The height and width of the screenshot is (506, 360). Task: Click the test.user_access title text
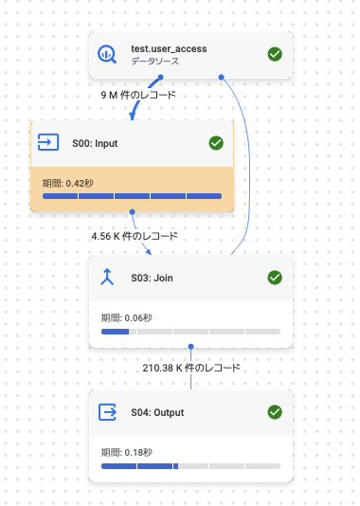pyautogui.click(x=169, y=47)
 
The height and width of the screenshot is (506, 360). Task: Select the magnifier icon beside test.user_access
pyautogui.click(x=108, y=54)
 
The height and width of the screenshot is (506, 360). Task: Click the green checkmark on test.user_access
pyautogui.click(x=275, y=54)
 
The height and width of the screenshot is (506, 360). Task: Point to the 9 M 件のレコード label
pyautogui.click(x=138, y=95)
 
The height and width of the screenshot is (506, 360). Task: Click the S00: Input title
pyautogui.click(x=95, y=143)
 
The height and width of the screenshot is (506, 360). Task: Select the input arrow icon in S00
pyautogui.click(x=47, y=143)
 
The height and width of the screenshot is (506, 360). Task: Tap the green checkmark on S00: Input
pyautogui.click(x=215, y=143)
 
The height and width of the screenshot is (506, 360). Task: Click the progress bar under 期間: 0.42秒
pyautogui.click(x=132, y=196)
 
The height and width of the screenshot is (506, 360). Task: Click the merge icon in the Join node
pyautogui.click(x=108, y=278)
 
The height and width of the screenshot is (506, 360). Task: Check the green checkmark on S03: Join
pyautogui.click(x=275, y=278)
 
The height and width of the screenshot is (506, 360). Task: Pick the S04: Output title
pyautogui.click(x=156, y=412)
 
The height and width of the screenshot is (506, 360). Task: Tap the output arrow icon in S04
pyautogui.click(x=108, y=412)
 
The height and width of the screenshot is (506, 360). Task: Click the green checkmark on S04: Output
pyautogui.click(x=275, y=412)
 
